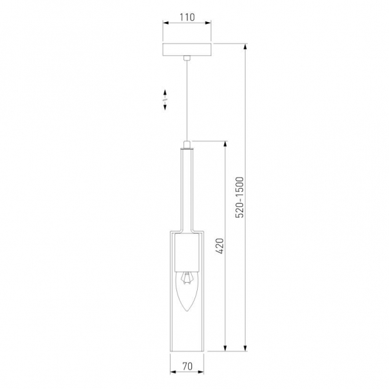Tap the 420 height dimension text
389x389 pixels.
[x=219, y=246]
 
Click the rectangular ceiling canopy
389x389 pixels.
[x=187, y=50]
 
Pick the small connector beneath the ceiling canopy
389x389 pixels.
[x=187, y=59]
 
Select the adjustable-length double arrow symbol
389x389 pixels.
[x=165, y=98]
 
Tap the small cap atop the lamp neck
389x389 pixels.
[x=187, y=145]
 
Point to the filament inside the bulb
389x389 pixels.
[x=187, y=277]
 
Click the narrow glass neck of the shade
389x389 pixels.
[x=187, y=188]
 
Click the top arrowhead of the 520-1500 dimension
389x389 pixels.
[x=245, y=46]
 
